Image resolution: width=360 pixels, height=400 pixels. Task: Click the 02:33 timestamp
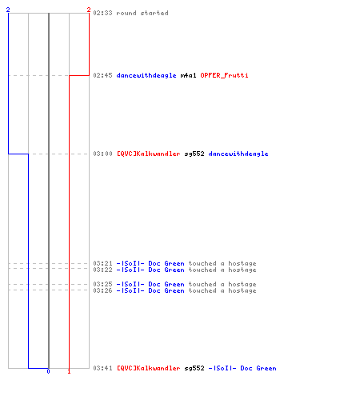click(102, 13)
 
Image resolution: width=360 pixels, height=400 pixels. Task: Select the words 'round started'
click(142, 13)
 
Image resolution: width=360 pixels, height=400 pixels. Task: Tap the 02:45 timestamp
click(102, 75)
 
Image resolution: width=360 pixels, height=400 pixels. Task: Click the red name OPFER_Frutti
click(224, 75)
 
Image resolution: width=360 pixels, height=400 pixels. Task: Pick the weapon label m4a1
click(188, 75)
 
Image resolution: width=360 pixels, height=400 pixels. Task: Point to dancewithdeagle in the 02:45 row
click(146, 75)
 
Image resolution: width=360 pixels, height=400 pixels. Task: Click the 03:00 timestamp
click(102, 154)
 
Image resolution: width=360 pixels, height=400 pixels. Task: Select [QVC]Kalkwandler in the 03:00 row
click(149, 154)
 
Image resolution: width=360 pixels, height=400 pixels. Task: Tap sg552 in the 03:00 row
click(194, 154)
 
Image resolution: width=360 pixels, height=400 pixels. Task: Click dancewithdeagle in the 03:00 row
click(238, 154)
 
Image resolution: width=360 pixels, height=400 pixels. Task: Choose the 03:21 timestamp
click(102, 263)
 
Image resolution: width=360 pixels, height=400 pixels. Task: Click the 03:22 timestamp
click(102, 270)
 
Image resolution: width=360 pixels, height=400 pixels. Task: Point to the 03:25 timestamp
click(102, 284)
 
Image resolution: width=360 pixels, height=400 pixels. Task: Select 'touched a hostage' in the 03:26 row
click(222, 290)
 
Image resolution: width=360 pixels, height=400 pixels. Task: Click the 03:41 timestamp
click(102, 368)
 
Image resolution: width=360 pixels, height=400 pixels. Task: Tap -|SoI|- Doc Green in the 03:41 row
click(242, 368)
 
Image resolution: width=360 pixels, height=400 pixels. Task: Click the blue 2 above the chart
click(8, 10)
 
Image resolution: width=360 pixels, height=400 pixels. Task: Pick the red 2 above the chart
click(89, 10)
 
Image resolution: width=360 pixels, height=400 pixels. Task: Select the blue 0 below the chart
click(48, 371)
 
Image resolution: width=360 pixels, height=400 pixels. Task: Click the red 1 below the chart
click(69, 371)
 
